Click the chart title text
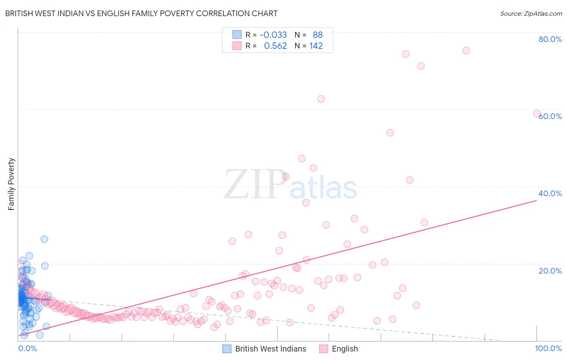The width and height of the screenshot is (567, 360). click(141, 13)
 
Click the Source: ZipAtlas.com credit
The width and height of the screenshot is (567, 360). click(531, 13)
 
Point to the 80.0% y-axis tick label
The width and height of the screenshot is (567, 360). click(550, 39)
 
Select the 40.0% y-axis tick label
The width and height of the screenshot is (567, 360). click(550, 193)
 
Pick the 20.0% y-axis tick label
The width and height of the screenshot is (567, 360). click(550, 270)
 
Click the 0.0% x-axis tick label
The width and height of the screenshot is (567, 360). click(27, 348)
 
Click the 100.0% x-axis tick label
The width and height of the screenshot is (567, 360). click(548, 348)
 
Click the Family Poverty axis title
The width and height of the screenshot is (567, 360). click(11, 184)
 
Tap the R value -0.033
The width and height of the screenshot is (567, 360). click(273, 35)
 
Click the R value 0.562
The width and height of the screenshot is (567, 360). click(275, 46)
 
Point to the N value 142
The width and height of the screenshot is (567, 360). click(316, 46)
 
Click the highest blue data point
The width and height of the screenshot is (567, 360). click(44, 239)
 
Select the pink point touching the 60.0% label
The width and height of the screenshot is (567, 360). click(537, 113)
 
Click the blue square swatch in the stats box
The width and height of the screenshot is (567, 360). click(237, 35)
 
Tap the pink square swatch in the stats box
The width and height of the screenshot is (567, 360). click(237, 46)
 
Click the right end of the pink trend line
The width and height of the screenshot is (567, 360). click(536, 200)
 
